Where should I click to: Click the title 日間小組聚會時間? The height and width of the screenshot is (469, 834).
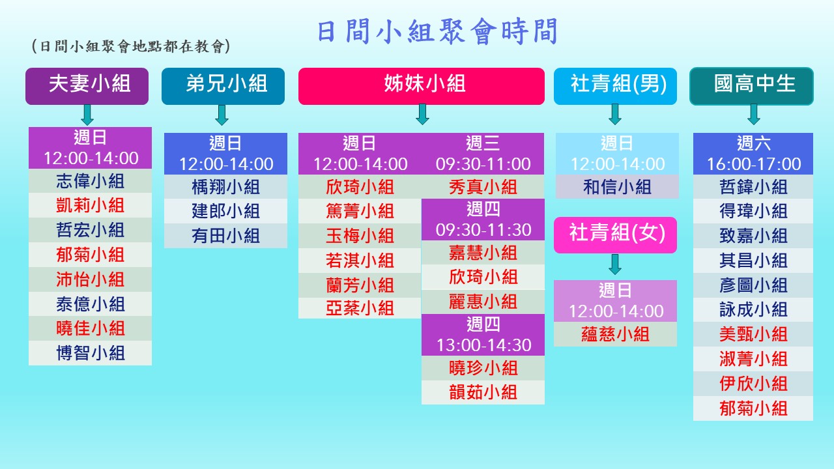[x=437, y=31]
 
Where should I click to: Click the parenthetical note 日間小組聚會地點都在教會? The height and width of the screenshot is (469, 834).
[x=131, y=46]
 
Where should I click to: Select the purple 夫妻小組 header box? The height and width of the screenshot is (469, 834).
[x=87, y=86]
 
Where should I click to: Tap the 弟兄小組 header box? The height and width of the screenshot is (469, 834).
[x=223, y=86]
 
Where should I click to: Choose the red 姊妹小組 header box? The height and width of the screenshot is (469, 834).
[x=421, y=86]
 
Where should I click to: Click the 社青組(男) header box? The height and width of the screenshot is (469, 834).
[x=615, y=86]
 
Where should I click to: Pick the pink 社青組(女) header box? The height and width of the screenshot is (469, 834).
[x=615, y=235]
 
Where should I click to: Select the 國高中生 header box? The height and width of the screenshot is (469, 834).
[x=751, y=86]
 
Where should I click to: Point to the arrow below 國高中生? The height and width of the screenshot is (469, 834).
[x=754, y=114]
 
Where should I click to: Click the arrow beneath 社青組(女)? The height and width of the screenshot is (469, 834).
[x=615, y=264]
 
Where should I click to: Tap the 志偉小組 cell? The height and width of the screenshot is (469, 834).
[x=90, y=181]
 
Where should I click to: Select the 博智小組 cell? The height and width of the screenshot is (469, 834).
[x=90, y=353]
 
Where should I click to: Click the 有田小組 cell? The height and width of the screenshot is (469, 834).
[x=225, y=236]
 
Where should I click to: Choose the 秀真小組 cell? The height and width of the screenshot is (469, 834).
[x=483, y=186]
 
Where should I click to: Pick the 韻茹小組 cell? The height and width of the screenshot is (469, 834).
[x=483, y=392]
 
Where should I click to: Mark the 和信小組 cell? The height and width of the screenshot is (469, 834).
[x=617, y=186]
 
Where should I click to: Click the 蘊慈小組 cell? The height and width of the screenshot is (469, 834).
[x=615, y=334]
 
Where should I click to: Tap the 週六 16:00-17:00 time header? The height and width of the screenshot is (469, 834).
[x=753, y=154]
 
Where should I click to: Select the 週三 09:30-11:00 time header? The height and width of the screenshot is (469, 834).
[x=483, y=154]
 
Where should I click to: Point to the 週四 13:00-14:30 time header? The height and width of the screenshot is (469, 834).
[x=483, y=335]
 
